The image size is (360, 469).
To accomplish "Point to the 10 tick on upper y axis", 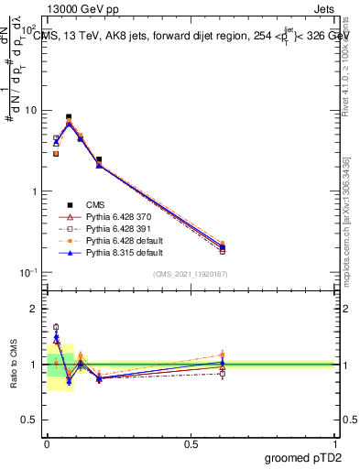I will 32,111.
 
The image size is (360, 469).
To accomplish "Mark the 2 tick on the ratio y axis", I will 35,309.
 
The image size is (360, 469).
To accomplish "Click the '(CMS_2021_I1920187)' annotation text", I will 191,274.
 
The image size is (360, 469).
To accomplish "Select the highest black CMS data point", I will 69,117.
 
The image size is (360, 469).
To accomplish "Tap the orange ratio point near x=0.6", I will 223,354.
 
